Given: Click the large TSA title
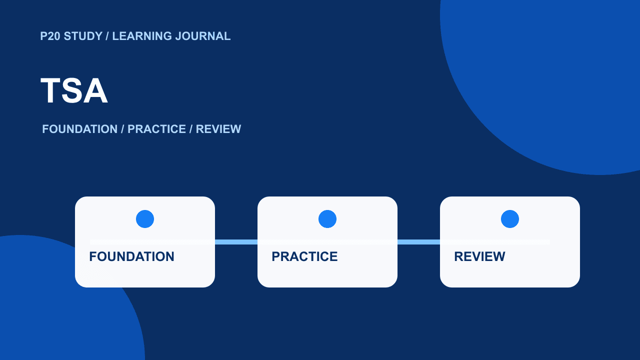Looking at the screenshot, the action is coord(74,90).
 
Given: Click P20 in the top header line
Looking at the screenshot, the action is coord(50,36).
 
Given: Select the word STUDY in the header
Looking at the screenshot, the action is coord(83,36).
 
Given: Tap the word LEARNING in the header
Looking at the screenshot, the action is coord(142,36).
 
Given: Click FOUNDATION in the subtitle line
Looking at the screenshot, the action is coord(79,129).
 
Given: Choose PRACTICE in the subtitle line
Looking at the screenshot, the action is coord(156,129).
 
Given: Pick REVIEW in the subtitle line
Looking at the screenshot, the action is coord(218,129).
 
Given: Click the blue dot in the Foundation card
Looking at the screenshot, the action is coord(145,219).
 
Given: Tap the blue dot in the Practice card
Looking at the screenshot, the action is coord(327,219).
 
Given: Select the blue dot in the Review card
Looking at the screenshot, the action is coord(510,219).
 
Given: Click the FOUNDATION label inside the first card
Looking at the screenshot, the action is coord(131,256).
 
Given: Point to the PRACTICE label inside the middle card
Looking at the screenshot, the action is coord(304,256).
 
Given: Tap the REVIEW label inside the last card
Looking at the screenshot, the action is coord(479,256).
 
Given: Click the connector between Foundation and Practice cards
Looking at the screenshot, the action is coord(236,242).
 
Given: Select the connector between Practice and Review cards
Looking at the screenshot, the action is coord(419,242).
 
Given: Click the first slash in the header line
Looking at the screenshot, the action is coord(107,36).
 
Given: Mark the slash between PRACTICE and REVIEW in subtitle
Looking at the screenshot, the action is coord(191,129).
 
